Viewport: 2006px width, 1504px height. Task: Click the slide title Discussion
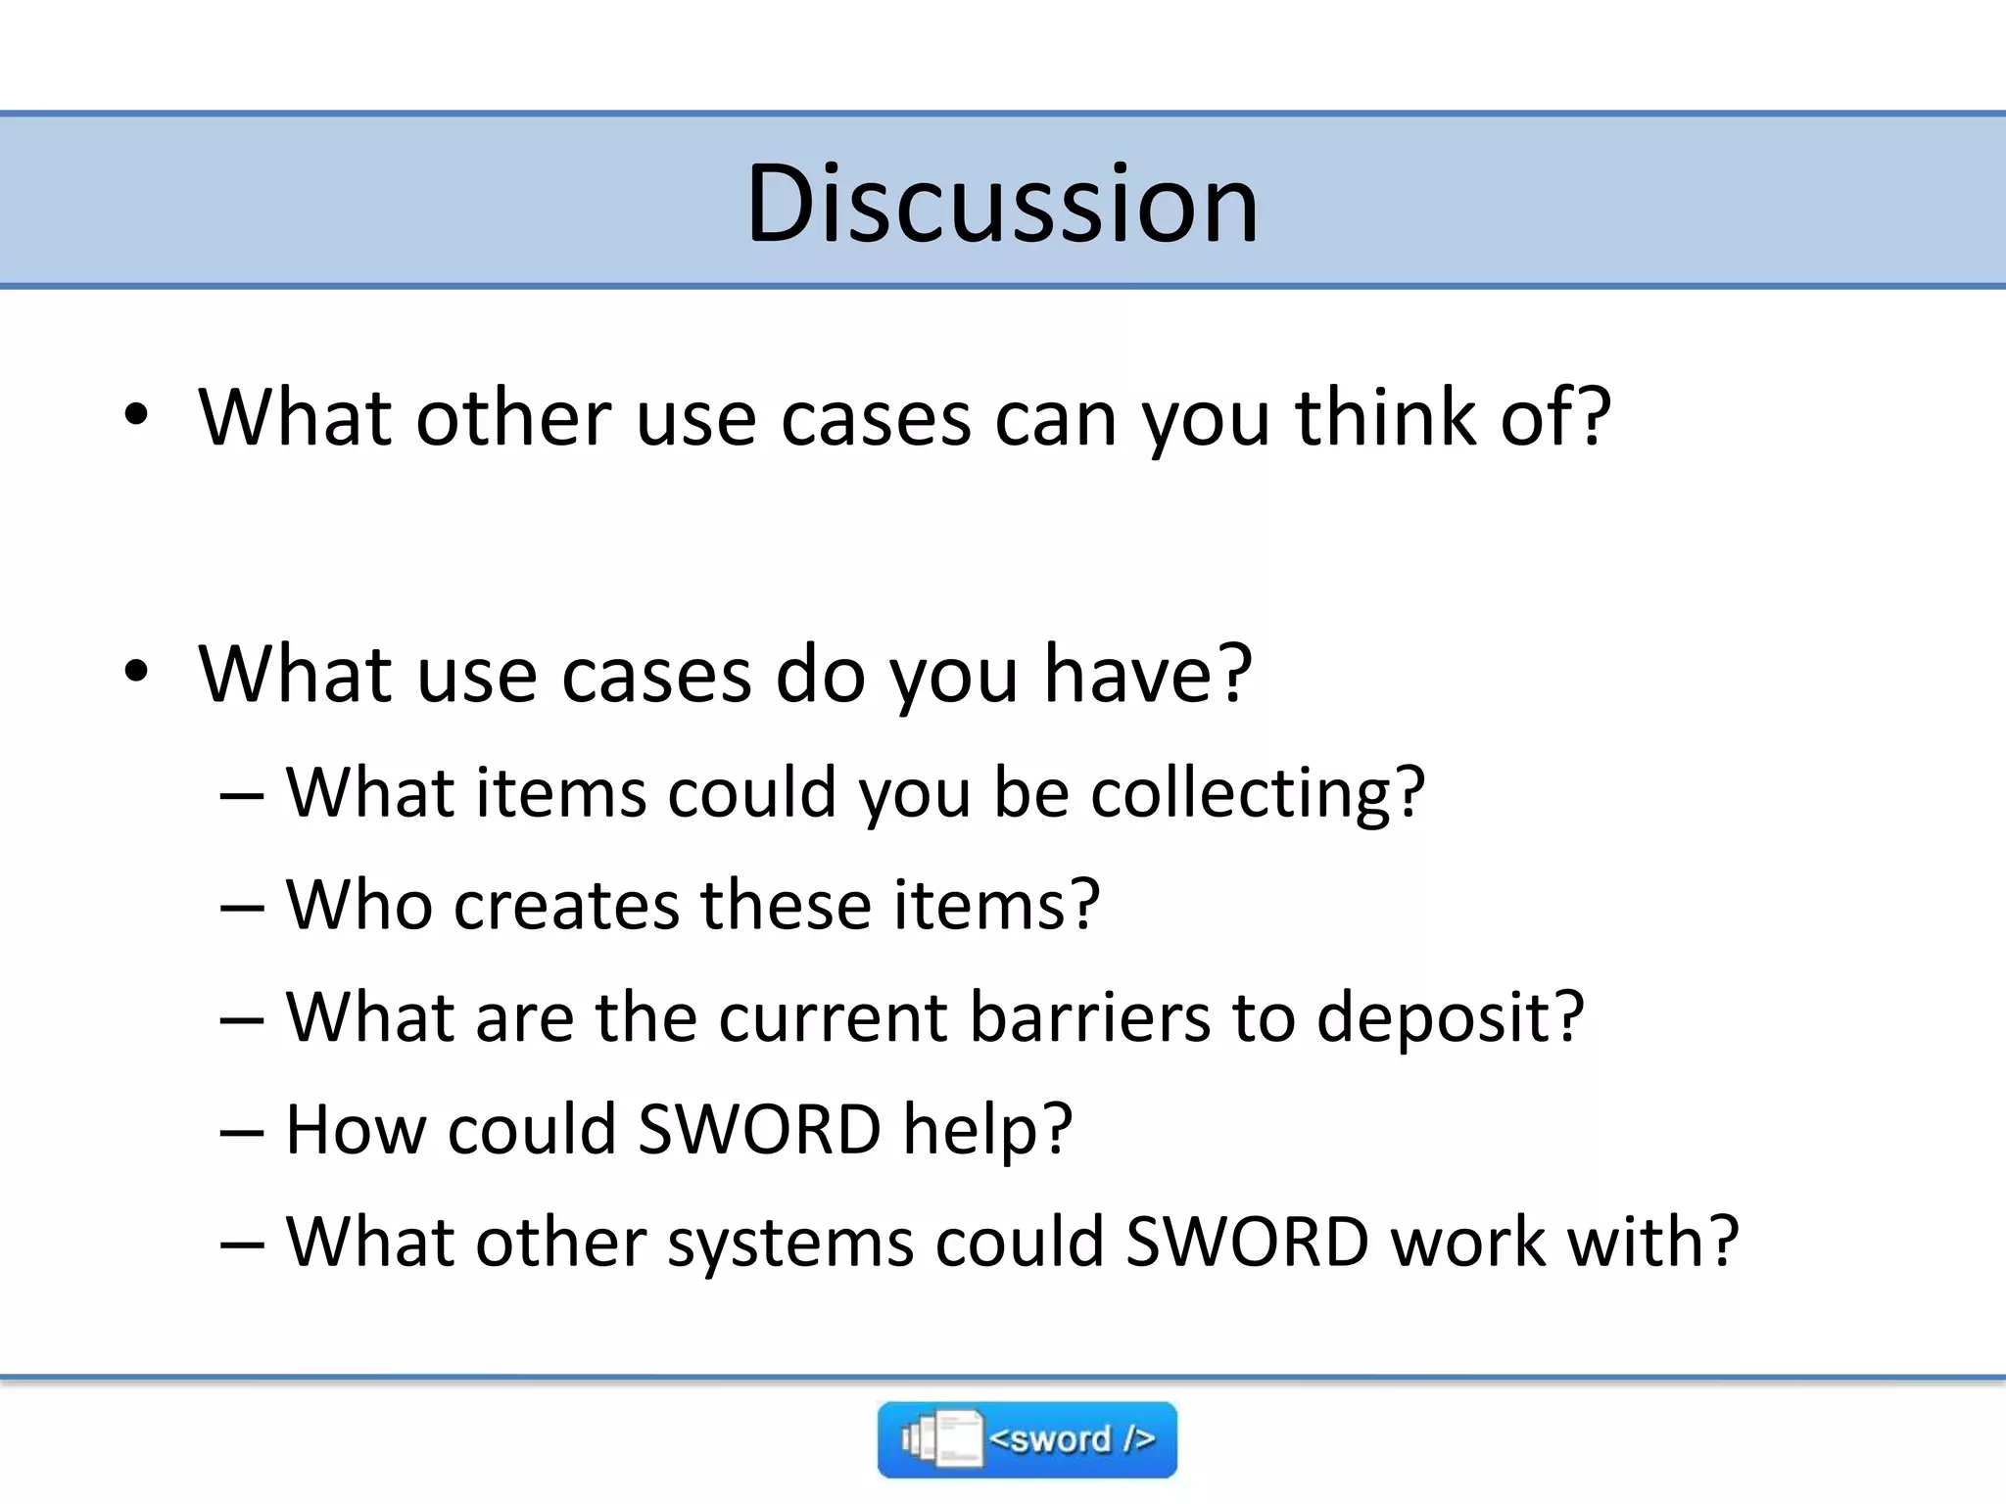[x=1001, y=204]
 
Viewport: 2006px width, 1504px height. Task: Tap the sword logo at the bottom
[x=1027, y=1438]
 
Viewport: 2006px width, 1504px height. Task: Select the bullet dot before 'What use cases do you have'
[x=136, y=672]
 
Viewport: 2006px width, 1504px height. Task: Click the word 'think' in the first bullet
[x=1384, y=417]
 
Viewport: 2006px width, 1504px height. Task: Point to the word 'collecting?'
[x=1258, y=793]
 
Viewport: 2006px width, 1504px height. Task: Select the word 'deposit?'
[x=1450, y=1018]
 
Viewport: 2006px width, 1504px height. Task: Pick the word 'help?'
[x=987, y=1131]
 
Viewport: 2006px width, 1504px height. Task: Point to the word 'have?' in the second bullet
[x=1147, y=674]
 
